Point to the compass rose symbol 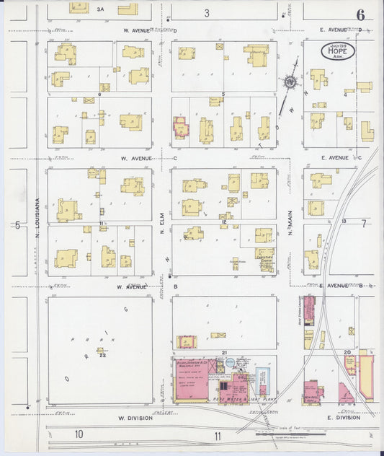point(290,82)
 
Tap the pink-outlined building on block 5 point(179,128)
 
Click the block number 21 point(225,351)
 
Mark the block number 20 point(347,351)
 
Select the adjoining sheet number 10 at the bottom point(78,434)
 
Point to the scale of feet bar point(281,434)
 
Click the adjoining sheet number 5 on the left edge point(17,224)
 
